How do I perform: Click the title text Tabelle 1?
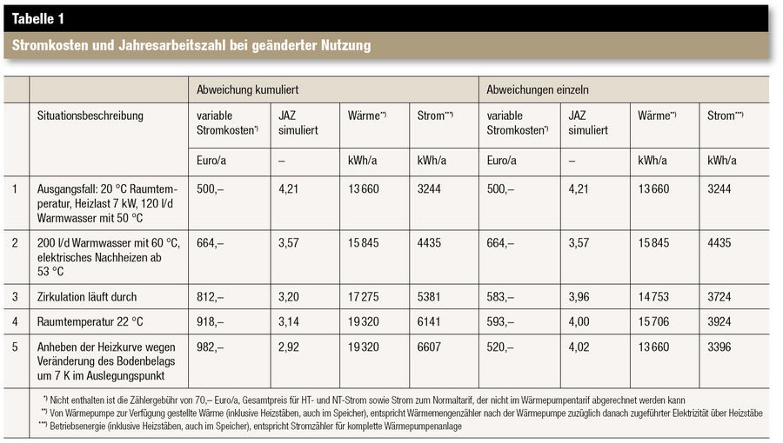tap(38, 19)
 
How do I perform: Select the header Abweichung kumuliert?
tap(247, 89)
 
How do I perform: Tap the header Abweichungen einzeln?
tap(538, 89)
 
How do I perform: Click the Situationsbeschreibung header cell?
tap(90, 116)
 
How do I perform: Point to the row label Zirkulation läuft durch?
tap(86, 297)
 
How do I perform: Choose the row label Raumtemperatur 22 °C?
tap(90, 322)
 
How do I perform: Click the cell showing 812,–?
tap(211, 297)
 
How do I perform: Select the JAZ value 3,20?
tap(289, 297)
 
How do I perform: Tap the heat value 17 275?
tap(363, 297)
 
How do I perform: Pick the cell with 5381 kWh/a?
tap(429, 297)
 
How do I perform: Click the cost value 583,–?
tap(500, 297)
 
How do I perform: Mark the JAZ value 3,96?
tap(579, 297)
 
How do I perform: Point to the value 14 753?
tap(653, 297)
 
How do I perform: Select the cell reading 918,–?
tap(211, 322)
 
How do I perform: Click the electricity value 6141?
tap(429, 322)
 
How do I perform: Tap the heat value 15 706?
tap(653, 322)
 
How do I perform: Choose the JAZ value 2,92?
tap(289, 347)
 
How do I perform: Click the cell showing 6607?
tap(429, 347)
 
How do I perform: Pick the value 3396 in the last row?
tap(719, 347)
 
